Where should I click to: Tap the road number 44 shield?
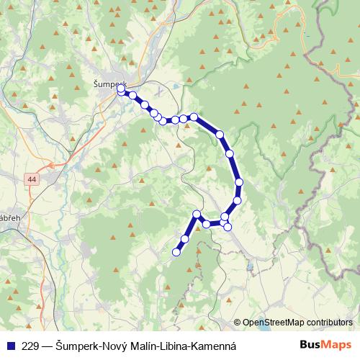click(x=32, y=179)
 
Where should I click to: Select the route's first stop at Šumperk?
click(x=121, y=89)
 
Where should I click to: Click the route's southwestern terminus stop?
click(x=176, y=252)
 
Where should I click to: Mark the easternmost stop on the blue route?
click(x=239, y=182)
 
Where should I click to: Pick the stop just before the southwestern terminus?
click(x=185, y=238)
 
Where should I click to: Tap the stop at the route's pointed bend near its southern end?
click(x=197, y=214)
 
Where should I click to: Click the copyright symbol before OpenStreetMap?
click(x=237, y=323)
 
